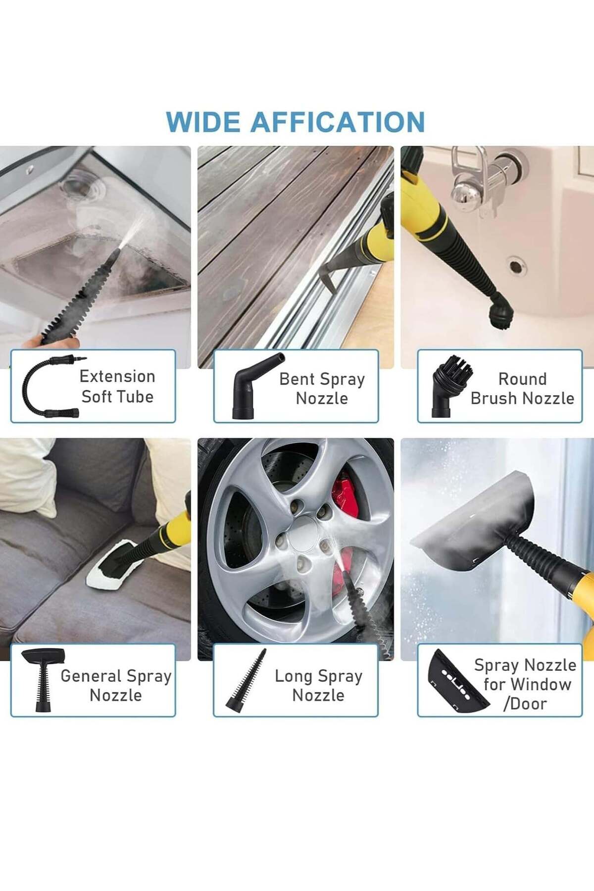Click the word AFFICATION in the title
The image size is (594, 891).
coord(338,122)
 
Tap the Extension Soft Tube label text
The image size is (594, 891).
coord(117,386)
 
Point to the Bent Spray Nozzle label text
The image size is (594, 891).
coord(322,389)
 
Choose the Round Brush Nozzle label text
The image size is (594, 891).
coord(522,389)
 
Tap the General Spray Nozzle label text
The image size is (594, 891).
coord(116,686)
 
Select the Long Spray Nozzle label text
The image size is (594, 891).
coord(318,686)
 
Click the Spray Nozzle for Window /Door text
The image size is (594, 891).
coord(525,684)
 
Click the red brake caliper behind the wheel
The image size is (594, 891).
coord(346,495)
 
